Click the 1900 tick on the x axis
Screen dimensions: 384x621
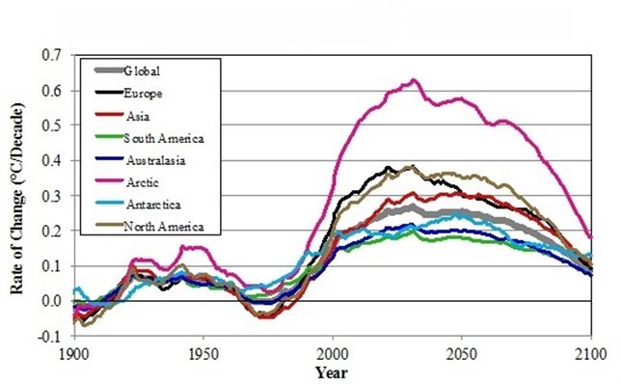click(74, 353)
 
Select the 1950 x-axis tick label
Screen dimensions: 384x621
click(203, 353)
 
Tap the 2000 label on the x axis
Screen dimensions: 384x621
click(333, 353)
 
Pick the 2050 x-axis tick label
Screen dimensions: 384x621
click(462, 353)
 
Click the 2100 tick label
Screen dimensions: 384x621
click(590, 353)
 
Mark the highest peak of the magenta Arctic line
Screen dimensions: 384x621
click(414, 80)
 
